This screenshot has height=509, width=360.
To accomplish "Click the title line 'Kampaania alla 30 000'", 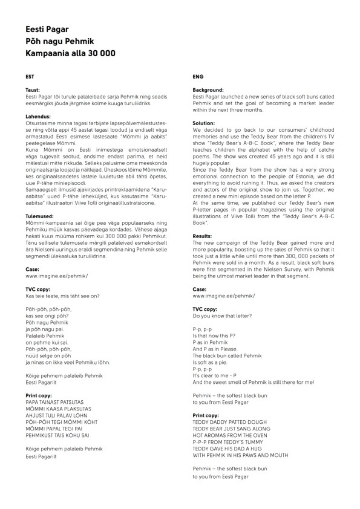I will pos(70,53).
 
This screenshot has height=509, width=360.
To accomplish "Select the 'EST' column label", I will pos(30,77).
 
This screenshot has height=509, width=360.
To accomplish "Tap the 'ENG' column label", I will pos(197,77).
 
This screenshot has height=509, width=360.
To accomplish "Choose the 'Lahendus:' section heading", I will pos(37,117).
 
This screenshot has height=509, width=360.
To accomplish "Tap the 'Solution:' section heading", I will pos(204,123).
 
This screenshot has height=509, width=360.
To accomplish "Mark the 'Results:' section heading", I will pos(203,236).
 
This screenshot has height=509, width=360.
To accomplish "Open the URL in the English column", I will pos(223,296).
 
